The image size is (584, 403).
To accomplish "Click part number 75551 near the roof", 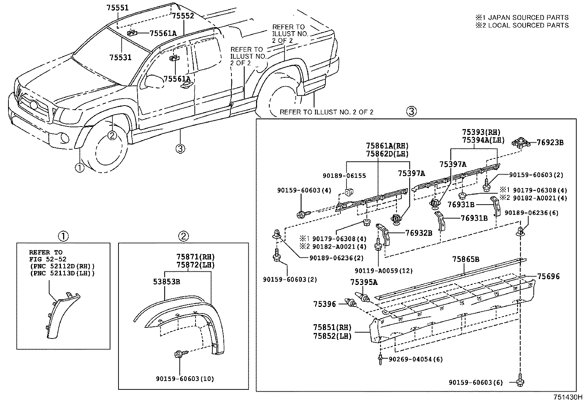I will point(117,7).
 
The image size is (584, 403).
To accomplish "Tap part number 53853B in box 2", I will point(166,282).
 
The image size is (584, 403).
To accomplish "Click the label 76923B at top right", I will point(550,143).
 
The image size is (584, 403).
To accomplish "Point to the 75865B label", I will point(466,260).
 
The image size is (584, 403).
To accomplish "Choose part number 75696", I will point(549,276).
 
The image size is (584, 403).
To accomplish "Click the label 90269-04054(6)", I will point(416,359).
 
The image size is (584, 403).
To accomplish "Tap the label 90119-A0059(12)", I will point(384,271).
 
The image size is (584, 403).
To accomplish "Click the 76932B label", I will point(419,233).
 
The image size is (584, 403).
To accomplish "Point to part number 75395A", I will point(364,282).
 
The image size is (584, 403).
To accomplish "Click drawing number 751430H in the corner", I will point(568,397).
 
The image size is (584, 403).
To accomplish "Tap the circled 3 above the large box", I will point(411,111).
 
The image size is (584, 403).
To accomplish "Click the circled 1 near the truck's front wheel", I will point(79,168).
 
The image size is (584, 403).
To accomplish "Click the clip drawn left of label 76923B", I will point(520,142).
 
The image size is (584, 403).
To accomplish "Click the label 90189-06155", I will point(344,176).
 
